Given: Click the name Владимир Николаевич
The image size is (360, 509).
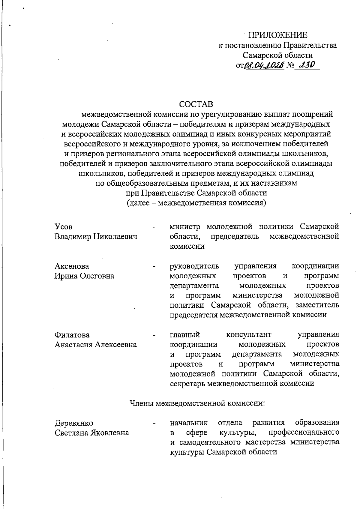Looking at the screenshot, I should tap(96, 236).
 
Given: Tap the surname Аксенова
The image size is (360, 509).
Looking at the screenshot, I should tap(72, 266).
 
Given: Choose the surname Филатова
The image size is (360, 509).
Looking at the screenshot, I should tap(72, 335).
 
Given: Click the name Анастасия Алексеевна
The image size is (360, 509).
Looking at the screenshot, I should tap(95, 344).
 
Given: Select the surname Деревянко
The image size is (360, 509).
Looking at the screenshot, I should tap(74, 423).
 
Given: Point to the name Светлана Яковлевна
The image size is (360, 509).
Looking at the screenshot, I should tap(92, 433).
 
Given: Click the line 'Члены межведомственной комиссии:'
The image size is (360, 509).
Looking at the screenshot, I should tap(197, 403).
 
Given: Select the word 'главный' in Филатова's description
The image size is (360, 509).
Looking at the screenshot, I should tap(185, 335).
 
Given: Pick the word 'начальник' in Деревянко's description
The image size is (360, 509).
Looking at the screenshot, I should tap(189, 423).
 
